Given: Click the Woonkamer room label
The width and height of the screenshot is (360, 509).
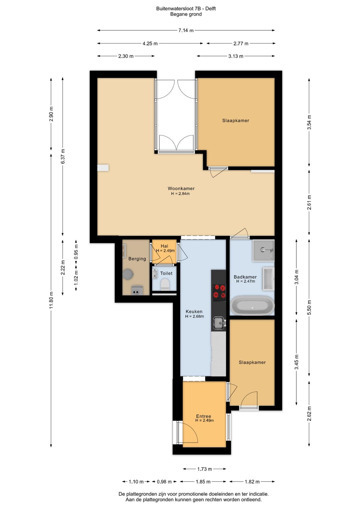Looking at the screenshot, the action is click(181, 188).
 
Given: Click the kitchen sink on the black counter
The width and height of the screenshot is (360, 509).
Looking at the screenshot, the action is click(219, 323).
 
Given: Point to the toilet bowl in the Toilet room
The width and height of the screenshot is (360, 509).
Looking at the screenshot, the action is click(165, 285).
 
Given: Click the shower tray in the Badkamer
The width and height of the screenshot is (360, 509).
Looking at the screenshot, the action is click(263, 250).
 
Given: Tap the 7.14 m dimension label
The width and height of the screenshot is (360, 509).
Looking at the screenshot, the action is click(186, 30).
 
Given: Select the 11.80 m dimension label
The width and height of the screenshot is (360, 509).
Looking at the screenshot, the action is click(51, 300).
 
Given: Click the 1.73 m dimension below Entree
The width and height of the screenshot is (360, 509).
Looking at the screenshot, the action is click(204, 469).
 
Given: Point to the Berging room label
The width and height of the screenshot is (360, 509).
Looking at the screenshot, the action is click(137, 259).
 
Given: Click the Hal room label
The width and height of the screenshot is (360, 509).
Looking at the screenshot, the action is click(164, 246).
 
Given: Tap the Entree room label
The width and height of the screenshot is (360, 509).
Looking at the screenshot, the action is click(204, 416).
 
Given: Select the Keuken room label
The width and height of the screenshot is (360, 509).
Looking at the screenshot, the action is click(194, 311).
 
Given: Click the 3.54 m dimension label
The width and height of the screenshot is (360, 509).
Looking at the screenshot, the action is click(309, 122).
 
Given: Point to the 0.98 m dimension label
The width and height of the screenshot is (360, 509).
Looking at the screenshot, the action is click(164, 481).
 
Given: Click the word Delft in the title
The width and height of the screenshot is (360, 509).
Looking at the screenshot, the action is click(211, 9).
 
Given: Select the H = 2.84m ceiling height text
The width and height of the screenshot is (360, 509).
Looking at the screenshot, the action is click(180, 193).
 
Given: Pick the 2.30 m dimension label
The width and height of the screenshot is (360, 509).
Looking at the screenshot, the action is click(126, 56).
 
